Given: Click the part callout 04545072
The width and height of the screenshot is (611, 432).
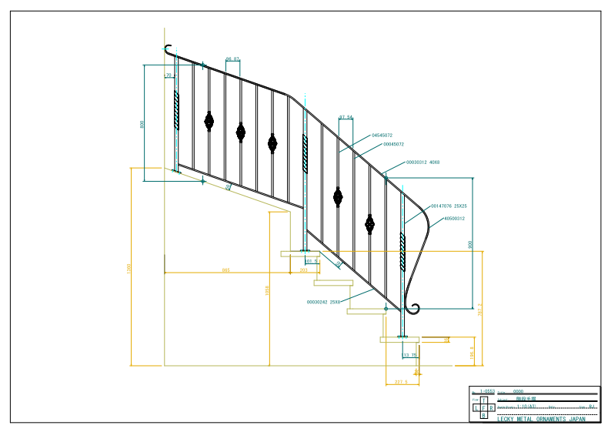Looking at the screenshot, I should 382,136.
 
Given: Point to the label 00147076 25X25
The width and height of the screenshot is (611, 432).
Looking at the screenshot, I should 449,206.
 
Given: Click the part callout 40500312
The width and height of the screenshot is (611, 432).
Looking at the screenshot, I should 454,219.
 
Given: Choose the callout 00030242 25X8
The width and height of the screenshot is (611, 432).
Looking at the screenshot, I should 323,302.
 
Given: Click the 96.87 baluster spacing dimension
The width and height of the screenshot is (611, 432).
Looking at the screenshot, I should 232,59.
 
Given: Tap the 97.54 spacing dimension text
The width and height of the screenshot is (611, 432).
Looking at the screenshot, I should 346,118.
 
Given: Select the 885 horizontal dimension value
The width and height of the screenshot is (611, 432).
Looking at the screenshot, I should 225,270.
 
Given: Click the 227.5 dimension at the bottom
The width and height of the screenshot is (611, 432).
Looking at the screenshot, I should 400,382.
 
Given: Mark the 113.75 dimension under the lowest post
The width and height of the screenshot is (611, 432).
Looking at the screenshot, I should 409,355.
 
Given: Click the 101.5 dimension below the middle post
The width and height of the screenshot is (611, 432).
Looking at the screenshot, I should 311,261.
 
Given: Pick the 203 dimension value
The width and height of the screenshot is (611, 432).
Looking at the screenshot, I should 303,270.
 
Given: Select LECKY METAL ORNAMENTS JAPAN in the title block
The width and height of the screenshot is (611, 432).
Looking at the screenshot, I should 542,419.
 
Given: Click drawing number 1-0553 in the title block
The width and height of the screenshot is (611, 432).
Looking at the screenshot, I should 487,392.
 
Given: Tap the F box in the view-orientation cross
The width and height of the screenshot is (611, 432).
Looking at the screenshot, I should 483,407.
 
